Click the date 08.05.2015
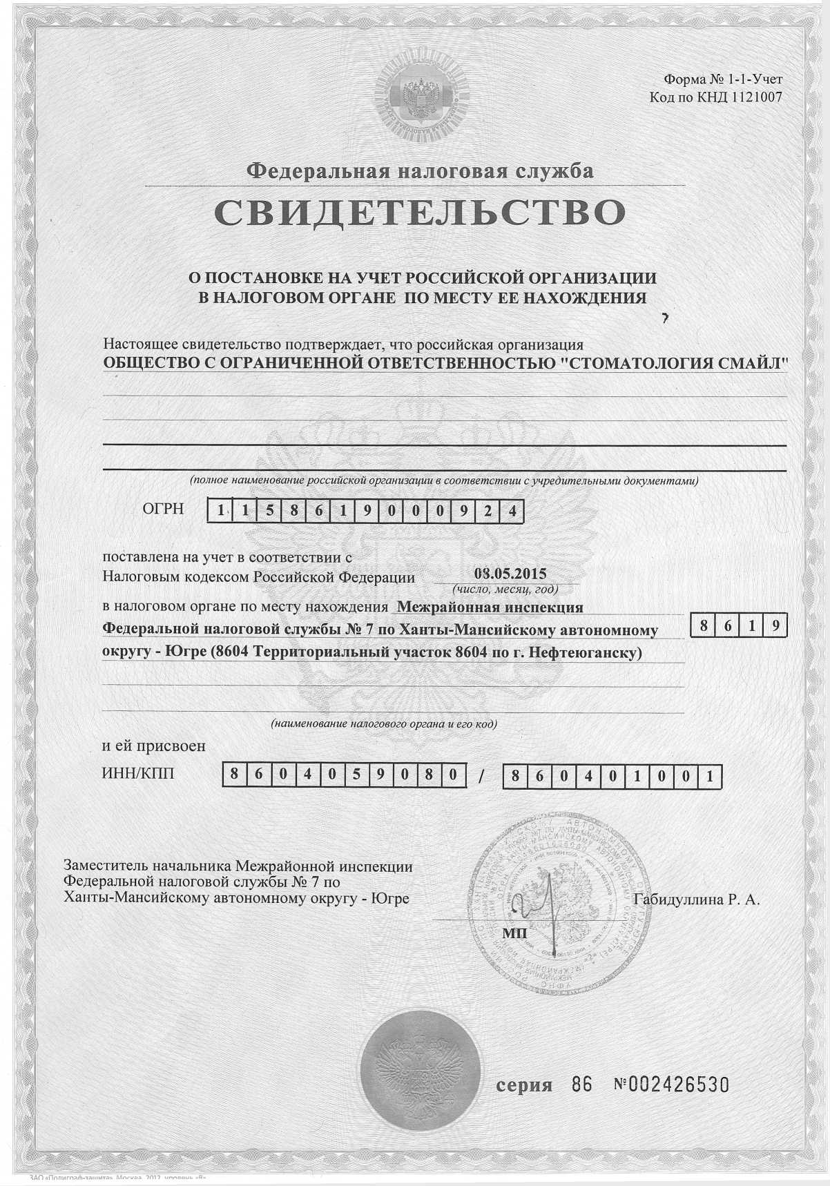510,574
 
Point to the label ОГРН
163,509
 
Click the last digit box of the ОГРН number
512,512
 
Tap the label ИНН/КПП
138,773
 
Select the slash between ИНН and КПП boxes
481,776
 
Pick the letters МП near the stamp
514,933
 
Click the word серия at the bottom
525,1085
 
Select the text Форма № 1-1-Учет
722,79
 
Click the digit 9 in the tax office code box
775,626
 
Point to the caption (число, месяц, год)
505,590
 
